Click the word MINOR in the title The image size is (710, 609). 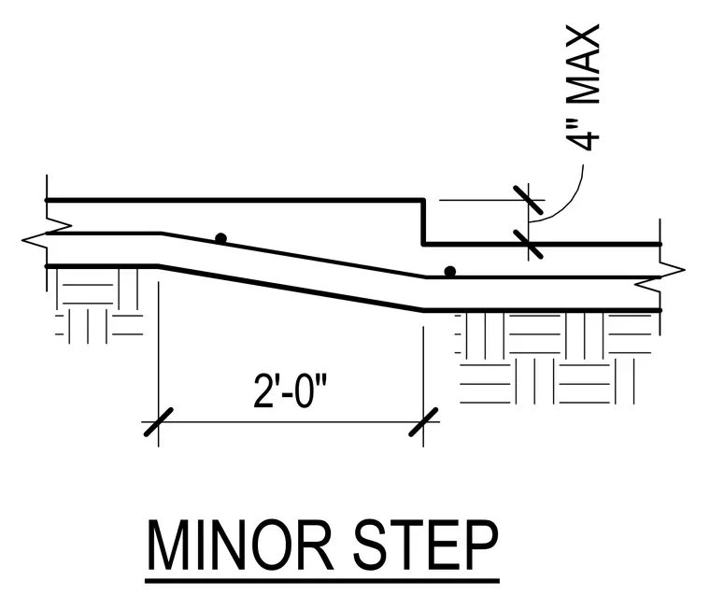pyautogui.click(x=240, y=545)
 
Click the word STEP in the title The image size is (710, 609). pyautogui.click(x=426, y=545)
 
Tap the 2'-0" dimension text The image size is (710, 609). pyautogui.click(x=290, y=390)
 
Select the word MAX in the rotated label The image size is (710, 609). pyautogui.click(x=583, y=64)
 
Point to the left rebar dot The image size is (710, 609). pyautogui.click(x=221, y=238)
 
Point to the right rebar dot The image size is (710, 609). pyautogui.click(x=449, y=272)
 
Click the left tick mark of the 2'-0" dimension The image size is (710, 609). pyautogui.click(x=159, y=422)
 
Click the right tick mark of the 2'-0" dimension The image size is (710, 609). pyautogui.click(x=423, y=422)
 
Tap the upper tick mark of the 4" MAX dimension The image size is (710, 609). pyautogui.click(x=528, y=200)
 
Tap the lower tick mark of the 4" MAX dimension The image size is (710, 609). pyautogui.click(x=528, y=244)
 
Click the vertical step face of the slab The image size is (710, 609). pyautogui.click(x=424, y=222)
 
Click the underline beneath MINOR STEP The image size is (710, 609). pyautogui.click(x=322, y=580)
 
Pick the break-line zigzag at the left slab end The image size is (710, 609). pyautogui.click(x=47, y=233)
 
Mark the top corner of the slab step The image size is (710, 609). pyautogui.click(x=424, y=200)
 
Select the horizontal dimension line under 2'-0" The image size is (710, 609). pyautogui.click(x=291, y=422)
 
